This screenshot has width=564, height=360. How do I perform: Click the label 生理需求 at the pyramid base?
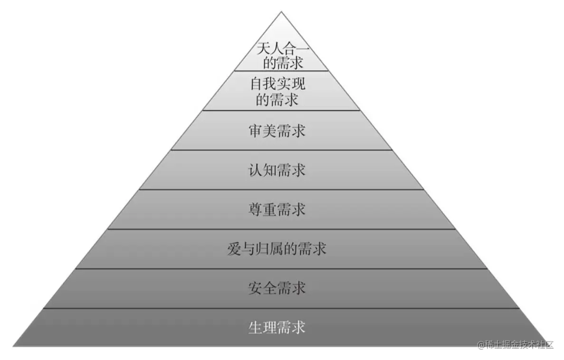pyautogui.click(x=277, y=328)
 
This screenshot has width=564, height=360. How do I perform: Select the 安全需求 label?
pyautogui.click(x=277, y=288)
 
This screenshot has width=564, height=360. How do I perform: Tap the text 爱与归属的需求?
pyautogui.click(x=277, y=248)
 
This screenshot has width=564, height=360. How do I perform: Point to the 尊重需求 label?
pyautogui.click(x=277, y=209)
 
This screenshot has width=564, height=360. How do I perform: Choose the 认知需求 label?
pyautogui.click(x=277, y=170)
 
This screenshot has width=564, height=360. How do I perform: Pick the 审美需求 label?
pyautogui.click(x=277, y=131)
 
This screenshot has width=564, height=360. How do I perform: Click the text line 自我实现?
pyautogui.click(x=277, y=85)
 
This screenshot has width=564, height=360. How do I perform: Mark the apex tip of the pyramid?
pyautogui.click(x=281, y=11)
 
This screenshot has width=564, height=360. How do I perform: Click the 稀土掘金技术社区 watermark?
pyautogui.click(x=516, y=345)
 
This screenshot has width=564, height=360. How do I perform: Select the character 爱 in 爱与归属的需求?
pyautogui.click(x=234, y=248)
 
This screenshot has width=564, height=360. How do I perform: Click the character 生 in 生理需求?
pyautogui.click(x=255, y=328)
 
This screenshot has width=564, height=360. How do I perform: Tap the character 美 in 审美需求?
pyautogui.click(x=269, y=131)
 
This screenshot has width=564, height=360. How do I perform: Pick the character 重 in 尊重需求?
pyautogui.click(x=269, y=209)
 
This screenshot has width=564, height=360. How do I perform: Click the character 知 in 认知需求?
pyautogui.click(x=269, y=170)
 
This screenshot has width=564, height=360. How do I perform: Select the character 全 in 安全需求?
pyautogui.click(x=269, y=288)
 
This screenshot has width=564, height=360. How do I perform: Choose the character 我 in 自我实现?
pyautogui.click(x=270, y=85)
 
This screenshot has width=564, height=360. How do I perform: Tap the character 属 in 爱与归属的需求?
pyautogui.click(x=277, y=248)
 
